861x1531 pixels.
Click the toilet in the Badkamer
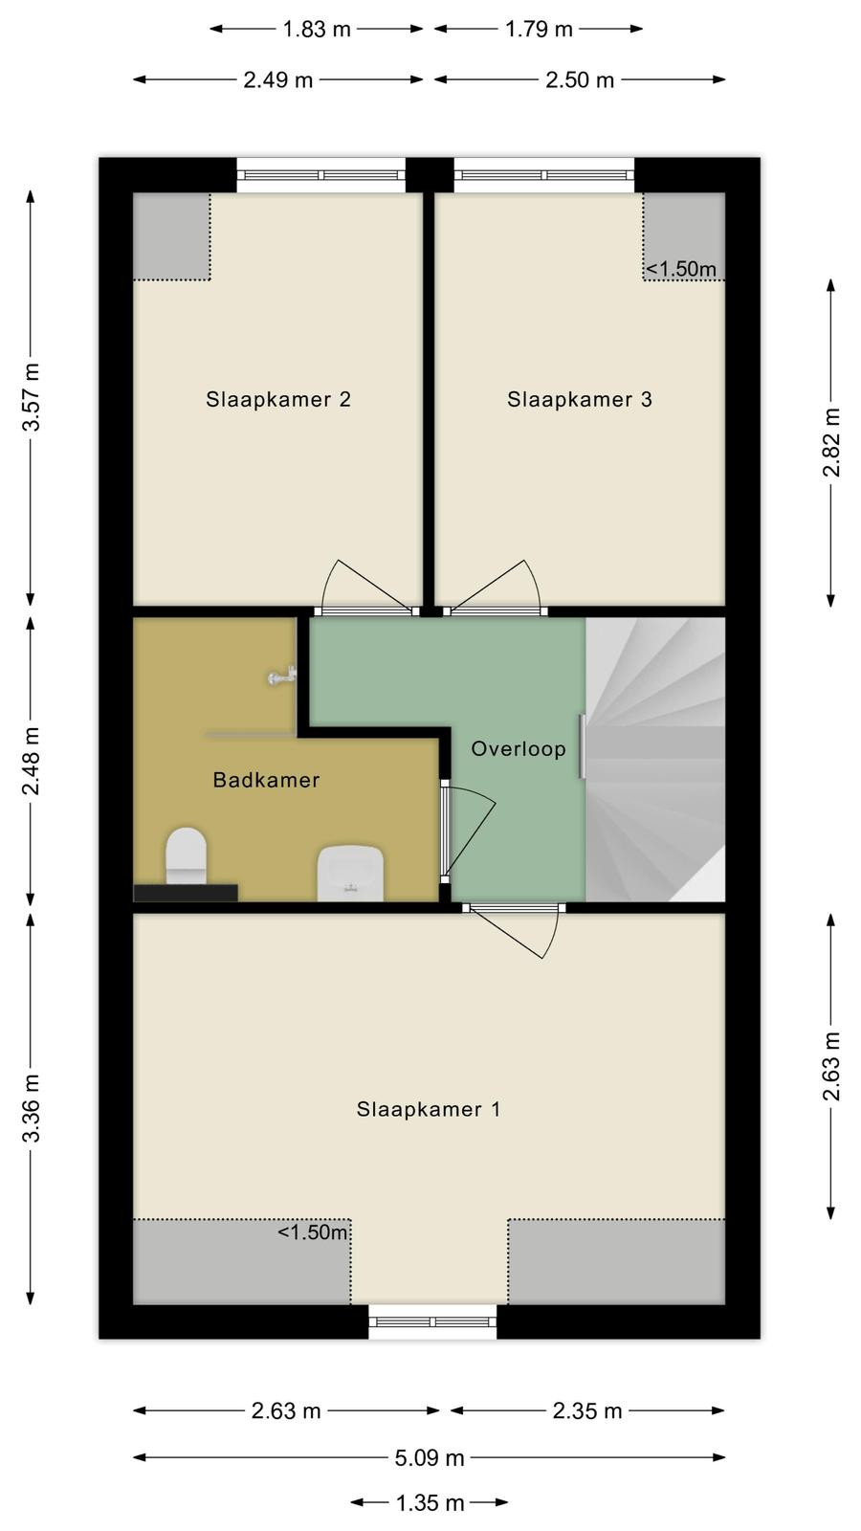point(186,855)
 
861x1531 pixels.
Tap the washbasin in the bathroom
point(350,873)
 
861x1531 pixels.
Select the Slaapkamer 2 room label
point(278,399)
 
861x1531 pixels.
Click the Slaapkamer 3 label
point(580,399)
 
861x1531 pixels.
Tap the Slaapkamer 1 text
point(429,1109)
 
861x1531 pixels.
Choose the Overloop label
point(519,749)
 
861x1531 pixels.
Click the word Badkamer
point(266,780)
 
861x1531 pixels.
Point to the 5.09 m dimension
point(430,1458)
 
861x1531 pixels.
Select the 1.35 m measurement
point(430,1503)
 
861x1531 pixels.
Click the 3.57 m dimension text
point(32,397)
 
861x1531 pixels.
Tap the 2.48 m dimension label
point(32,762)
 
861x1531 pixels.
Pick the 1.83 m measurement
point(317,30)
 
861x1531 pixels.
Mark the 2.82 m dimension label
point(831,442)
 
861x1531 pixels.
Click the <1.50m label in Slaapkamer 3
point(681,269)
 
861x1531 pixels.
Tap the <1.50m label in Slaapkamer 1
point(313,1232)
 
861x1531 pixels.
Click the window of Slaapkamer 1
point(432,1321)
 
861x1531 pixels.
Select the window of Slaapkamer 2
point(321,175)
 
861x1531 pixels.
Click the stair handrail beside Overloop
point(583,746)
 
